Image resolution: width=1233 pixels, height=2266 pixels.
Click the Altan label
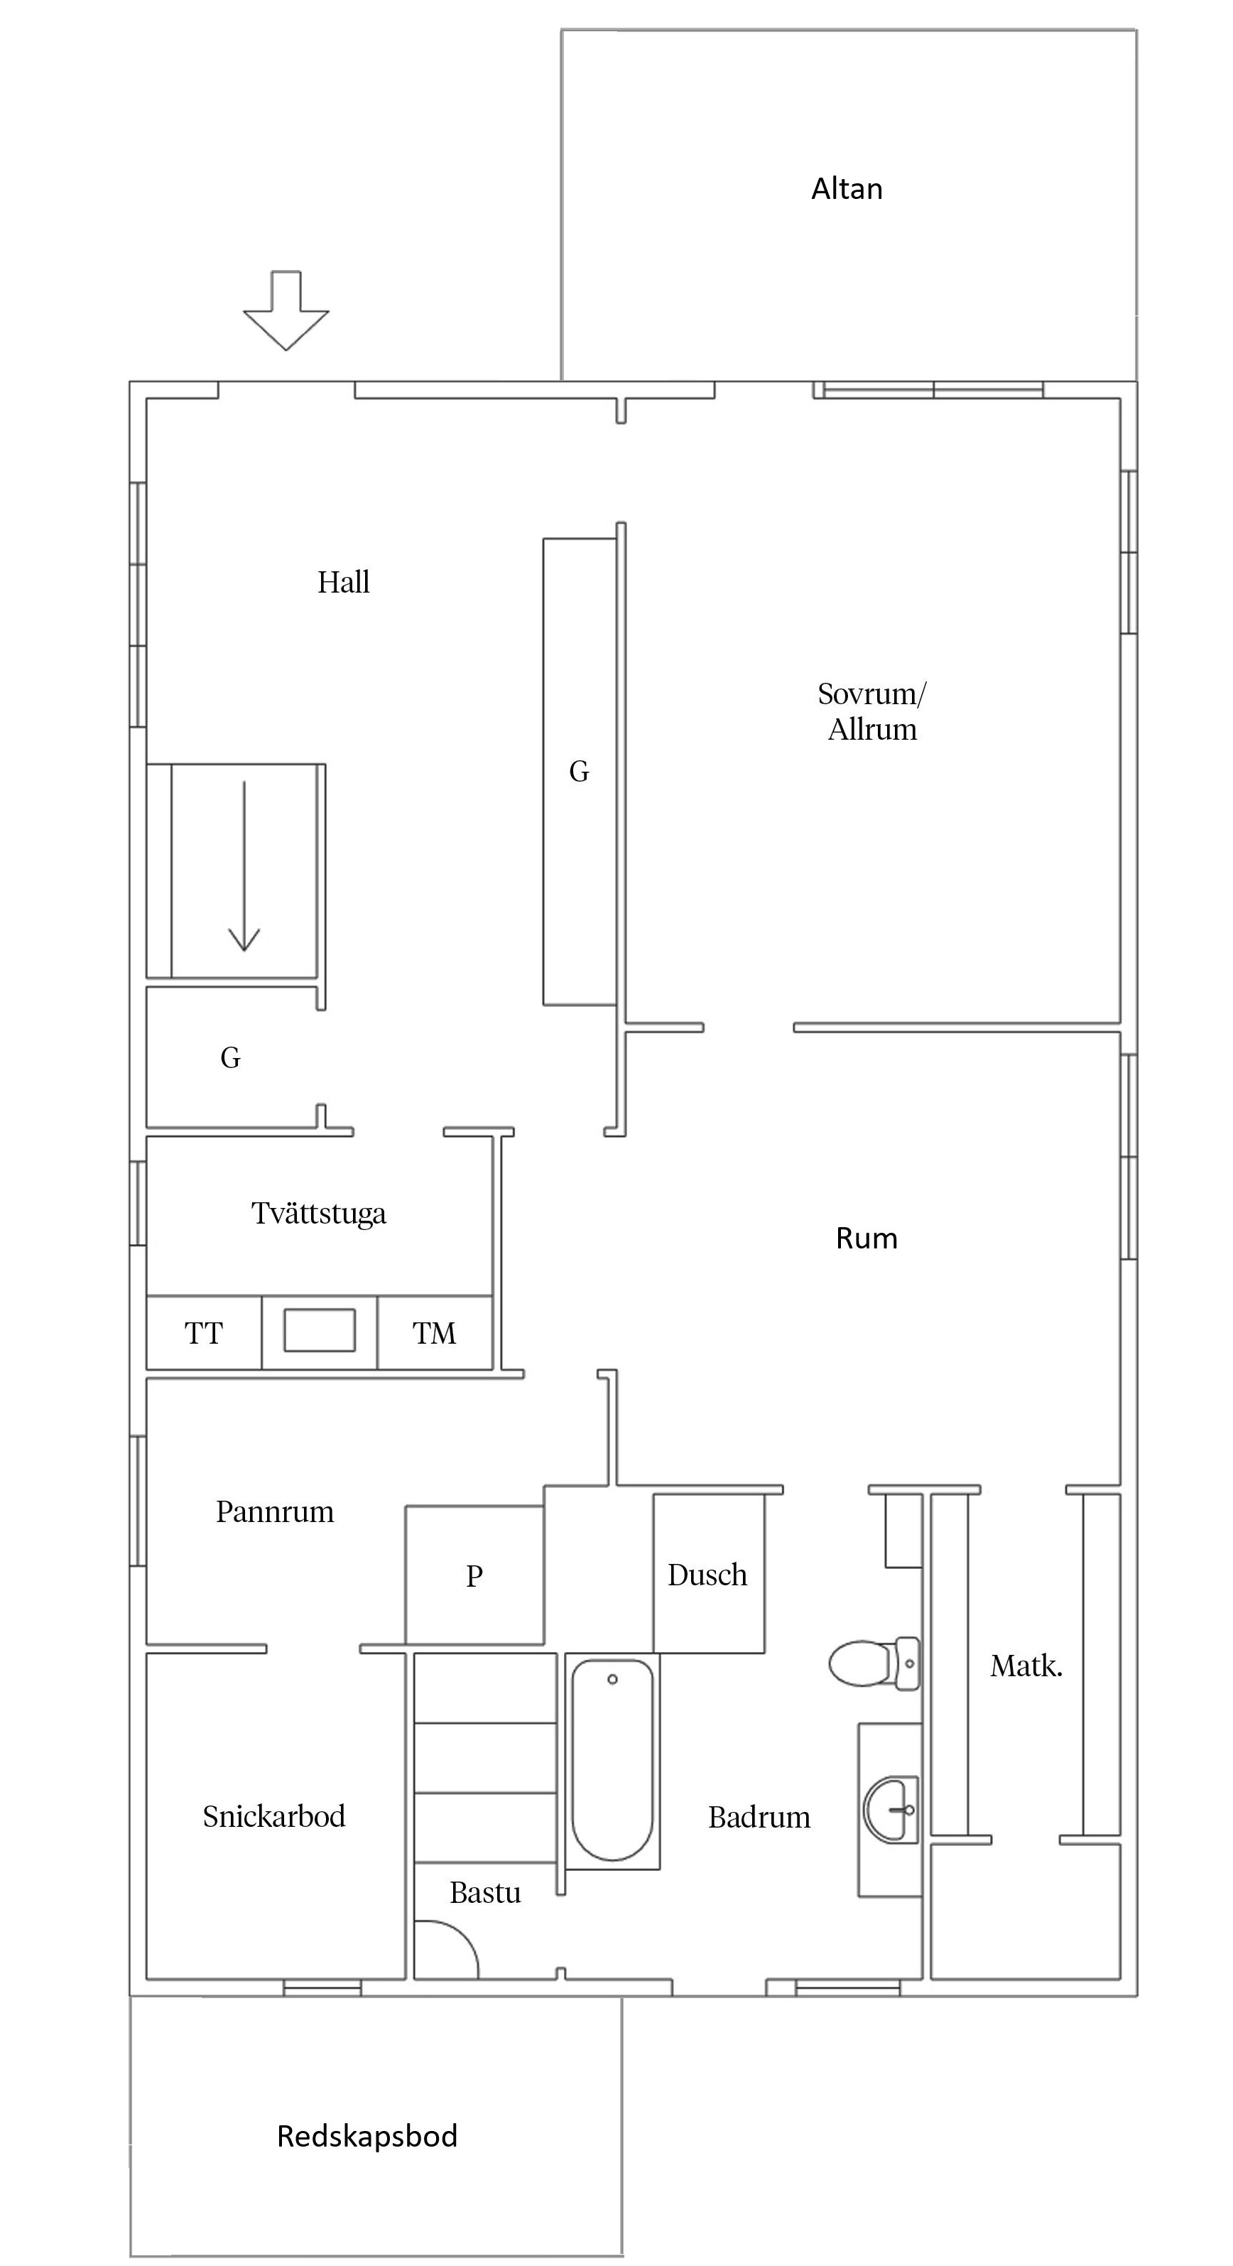click(x=846, y=188)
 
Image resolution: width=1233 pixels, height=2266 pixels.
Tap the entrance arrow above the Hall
click(x=286, y=311)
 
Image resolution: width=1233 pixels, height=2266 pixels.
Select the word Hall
click(x=343, y=581)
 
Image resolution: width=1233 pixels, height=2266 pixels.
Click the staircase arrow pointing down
click(x=244, y=865)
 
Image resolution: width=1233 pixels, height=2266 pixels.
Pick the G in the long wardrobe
click(x=579, y=772)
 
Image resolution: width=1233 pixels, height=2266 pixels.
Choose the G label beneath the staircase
click(x=230, y=1057)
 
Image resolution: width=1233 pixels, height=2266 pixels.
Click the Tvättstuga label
click(x=318, y=1214)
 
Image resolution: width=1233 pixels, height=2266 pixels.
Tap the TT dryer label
click(x=203, y=1334)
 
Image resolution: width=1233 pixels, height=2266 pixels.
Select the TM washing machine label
click(x=435, y=1334)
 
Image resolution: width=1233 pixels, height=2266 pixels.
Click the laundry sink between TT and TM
click(x=319, y=1330)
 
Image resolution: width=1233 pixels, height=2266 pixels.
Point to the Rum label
click(x=867, y=1239)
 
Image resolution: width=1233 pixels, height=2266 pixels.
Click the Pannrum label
click(x=276, y=1511)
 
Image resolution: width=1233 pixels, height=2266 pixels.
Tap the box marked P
click(x=474, y=1575)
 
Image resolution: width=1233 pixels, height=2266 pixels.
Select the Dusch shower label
click(x=707, y=1575)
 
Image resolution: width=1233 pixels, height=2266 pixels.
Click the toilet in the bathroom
click(x=874, y=1663)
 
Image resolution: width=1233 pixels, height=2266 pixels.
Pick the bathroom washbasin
click(x=891, y=1809)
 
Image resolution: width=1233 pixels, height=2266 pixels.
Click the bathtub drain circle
click(x=612, y=1679)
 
